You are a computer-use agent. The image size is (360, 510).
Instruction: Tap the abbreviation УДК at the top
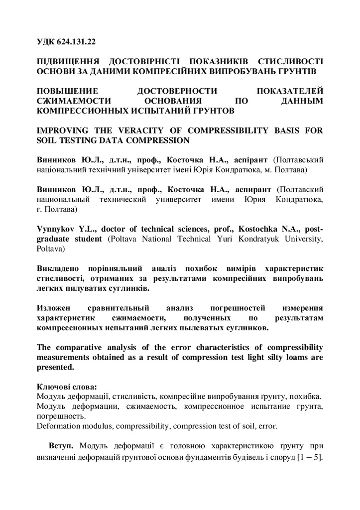[x=47, y=44]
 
